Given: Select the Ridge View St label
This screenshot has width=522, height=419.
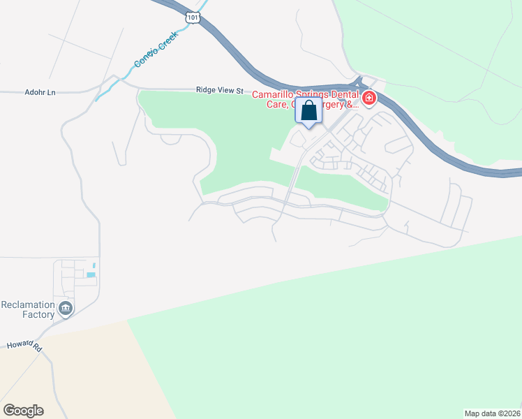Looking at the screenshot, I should [220, 91].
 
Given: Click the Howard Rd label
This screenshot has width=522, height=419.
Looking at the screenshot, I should [25, 346].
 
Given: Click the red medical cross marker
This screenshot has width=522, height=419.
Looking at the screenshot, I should [368, 99].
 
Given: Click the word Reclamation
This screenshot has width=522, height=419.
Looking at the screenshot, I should [28, 305].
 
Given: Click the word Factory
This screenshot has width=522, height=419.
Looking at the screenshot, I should [38, 315].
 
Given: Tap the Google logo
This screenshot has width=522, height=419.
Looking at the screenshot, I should [23, 411].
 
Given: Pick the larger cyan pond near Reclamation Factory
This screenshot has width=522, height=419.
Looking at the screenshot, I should [91, 274].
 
